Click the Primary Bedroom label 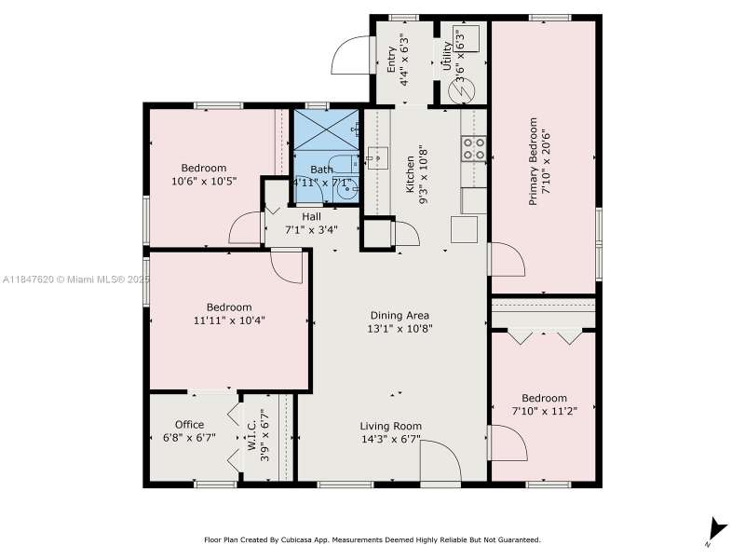click(534, 161)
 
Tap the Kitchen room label click(410, 175)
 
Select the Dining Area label click(400, 315)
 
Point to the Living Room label click(390, 427)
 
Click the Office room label click(190, 425)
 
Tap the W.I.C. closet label click(251, 435)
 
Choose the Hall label click(311, 217)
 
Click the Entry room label click(391, 60)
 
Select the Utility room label click(447, 56)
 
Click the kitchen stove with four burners click(474, 148)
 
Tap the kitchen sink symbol click(377, 157)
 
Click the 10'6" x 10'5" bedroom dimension click(204, 181)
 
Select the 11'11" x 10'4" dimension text click(229, 320)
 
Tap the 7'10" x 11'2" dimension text click(544, 411)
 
